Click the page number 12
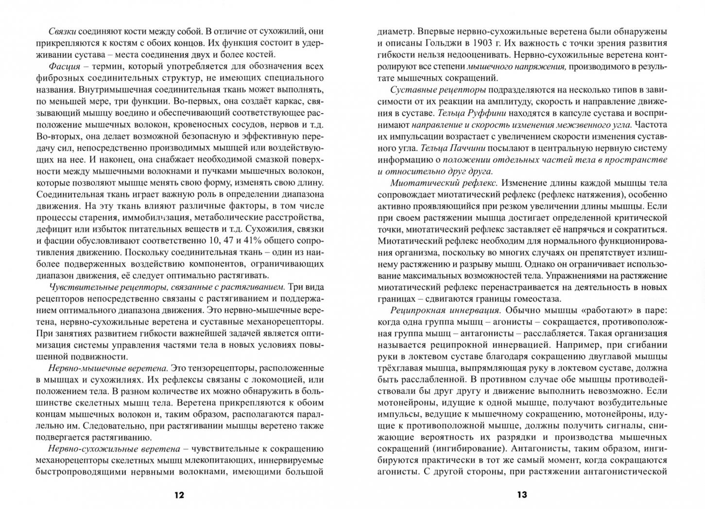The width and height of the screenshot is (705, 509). [179, 495]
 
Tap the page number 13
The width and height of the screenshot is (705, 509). [522, 495]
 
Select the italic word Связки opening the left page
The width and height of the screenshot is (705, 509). [63, 32]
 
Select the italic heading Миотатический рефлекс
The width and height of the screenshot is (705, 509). [444, 183]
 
